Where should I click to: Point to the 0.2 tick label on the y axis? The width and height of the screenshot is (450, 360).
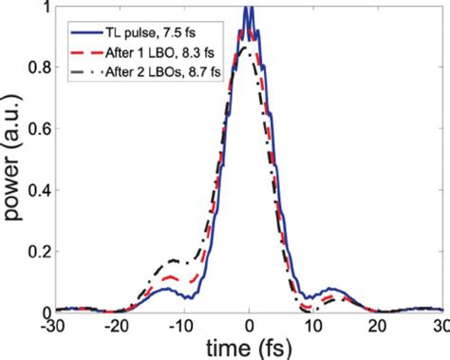coord(37,251)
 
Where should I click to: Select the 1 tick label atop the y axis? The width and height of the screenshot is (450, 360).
coord(44,9)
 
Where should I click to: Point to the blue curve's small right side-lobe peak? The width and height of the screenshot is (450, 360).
coord(329,288)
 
